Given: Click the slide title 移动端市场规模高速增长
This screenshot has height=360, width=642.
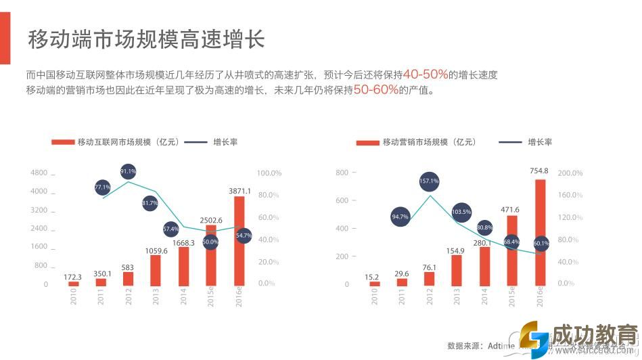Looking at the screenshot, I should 145,39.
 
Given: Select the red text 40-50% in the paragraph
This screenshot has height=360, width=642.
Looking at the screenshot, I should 425,74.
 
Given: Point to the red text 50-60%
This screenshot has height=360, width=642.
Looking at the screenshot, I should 375,89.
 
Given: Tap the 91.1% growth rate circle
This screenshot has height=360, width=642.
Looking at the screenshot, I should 129,171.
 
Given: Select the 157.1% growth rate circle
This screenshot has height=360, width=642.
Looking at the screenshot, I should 429,181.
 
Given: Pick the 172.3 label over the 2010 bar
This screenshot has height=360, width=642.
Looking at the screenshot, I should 72,277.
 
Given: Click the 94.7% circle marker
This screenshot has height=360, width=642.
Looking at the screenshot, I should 400,217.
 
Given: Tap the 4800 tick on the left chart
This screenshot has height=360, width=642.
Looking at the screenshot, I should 39,173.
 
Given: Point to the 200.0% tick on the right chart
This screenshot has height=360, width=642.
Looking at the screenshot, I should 570,173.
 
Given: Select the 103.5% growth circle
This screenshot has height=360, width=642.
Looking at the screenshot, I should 461,212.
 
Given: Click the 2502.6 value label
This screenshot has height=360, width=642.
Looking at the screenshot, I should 211,221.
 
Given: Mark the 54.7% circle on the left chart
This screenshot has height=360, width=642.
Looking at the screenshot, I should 244,235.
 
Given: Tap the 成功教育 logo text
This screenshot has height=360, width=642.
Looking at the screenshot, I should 594,336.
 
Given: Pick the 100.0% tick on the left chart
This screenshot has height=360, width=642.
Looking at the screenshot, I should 269,173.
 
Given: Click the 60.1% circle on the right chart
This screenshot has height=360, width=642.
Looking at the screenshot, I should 541,243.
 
